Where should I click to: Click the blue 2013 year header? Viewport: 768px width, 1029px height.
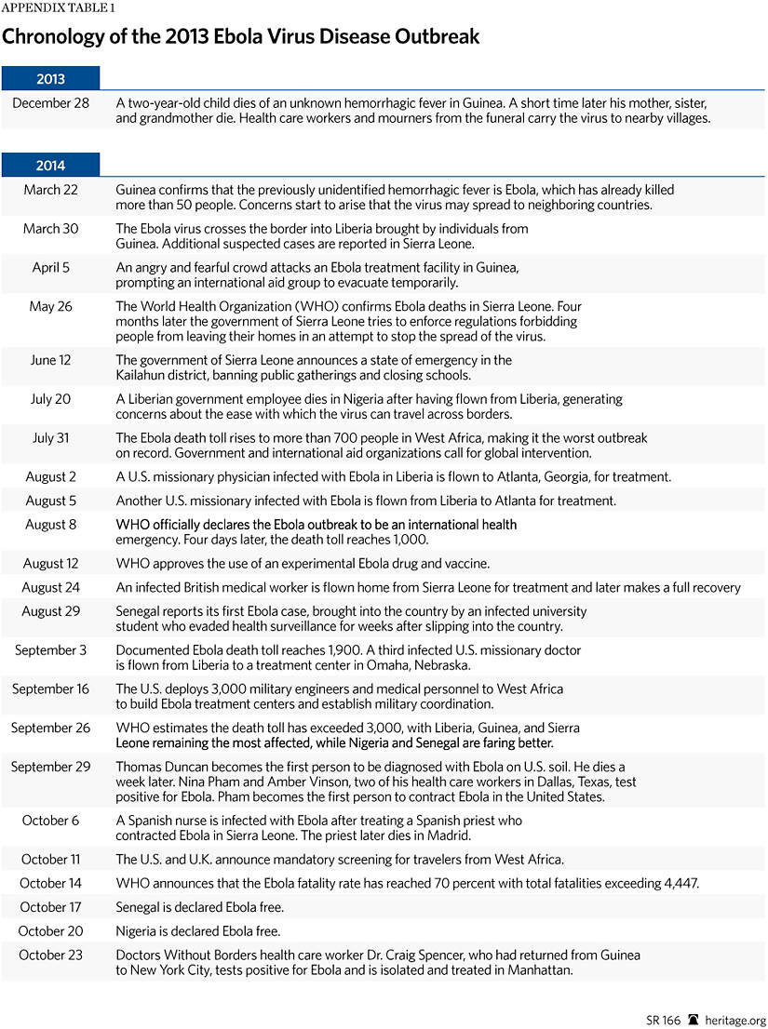50,78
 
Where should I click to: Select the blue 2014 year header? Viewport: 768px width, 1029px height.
50,165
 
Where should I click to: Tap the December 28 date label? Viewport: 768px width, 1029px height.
51,103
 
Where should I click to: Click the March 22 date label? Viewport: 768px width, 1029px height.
51,190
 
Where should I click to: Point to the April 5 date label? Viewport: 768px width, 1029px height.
51,267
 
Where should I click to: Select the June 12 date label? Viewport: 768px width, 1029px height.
51,360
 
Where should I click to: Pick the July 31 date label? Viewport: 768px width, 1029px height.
51,437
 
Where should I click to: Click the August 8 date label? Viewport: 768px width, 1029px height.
51,525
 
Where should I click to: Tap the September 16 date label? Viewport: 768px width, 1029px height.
51,689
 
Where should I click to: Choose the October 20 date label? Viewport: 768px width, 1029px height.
51,930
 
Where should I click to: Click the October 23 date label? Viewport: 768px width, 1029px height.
51,955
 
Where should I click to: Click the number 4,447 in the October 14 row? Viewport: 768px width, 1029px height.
678,883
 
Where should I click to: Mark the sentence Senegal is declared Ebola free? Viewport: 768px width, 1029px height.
199,907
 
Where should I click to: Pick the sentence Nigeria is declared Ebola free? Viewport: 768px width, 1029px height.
197,930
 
